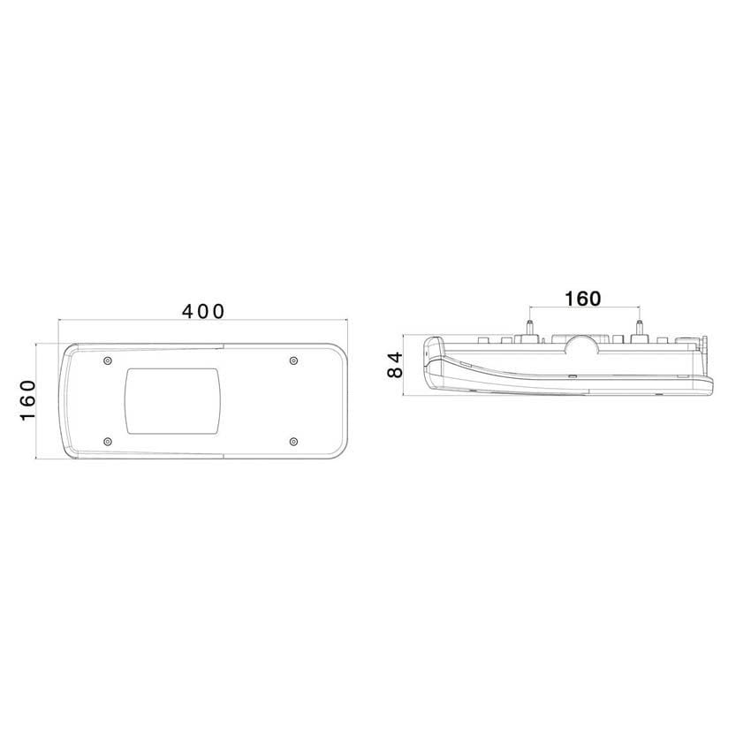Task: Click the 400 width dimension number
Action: pos(202,312)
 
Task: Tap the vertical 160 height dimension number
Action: pos(27,401)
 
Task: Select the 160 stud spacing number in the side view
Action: pos(583,299)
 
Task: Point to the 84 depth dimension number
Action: pos(395,365)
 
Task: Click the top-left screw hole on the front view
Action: pos(108,360)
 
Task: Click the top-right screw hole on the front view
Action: pos(293,360)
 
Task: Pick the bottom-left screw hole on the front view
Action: pos(108,441)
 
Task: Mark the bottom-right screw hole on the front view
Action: pos(293,441)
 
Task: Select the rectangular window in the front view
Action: pos(172,401)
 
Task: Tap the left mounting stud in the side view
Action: pos(530,328)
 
